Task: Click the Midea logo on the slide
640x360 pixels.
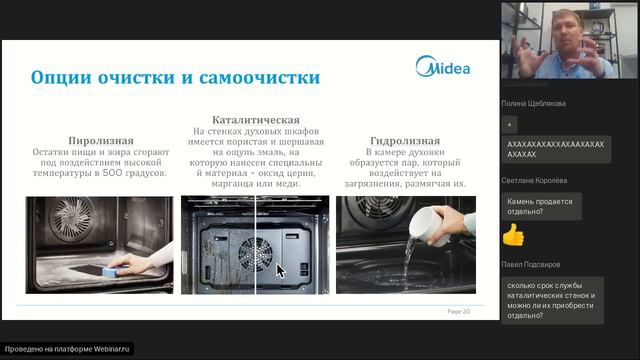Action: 442,69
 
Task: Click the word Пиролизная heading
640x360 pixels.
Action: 100,140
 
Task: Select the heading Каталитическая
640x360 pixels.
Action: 257,119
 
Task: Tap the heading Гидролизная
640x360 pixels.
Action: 404,140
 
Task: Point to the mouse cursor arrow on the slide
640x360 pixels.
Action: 280,269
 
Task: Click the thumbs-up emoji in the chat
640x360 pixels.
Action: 513,235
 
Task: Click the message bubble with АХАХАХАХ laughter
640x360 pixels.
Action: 556,149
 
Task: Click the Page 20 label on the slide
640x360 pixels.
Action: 458,311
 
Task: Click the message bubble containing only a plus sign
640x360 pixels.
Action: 511,123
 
